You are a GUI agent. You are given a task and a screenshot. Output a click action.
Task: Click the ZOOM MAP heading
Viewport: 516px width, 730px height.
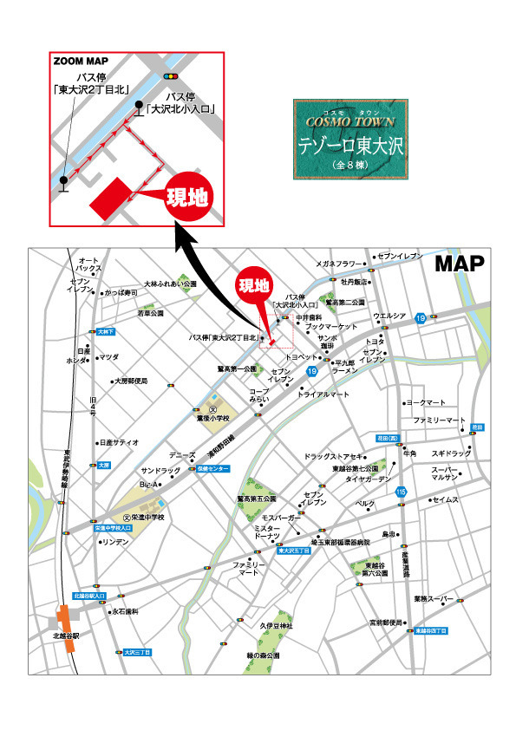pyautogui.click(x=79, y=62)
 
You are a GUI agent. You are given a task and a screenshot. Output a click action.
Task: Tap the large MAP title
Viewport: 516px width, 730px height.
pyautogui.click(x=460, y=264)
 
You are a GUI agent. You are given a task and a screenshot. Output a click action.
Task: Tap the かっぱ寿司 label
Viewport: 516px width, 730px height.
pyautogui.click(x=121, y=293)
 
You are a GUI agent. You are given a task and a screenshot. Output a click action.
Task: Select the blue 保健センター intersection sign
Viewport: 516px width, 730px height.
pyautogui.click(x=212, y=468)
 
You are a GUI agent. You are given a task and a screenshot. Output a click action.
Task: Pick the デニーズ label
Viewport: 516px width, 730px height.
pyautogui.click(x=182, y=455)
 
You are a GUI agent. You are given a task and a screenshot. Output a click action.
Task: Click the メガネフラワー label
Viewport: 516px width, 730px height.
pyautogui.click(x=336, y=264)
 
